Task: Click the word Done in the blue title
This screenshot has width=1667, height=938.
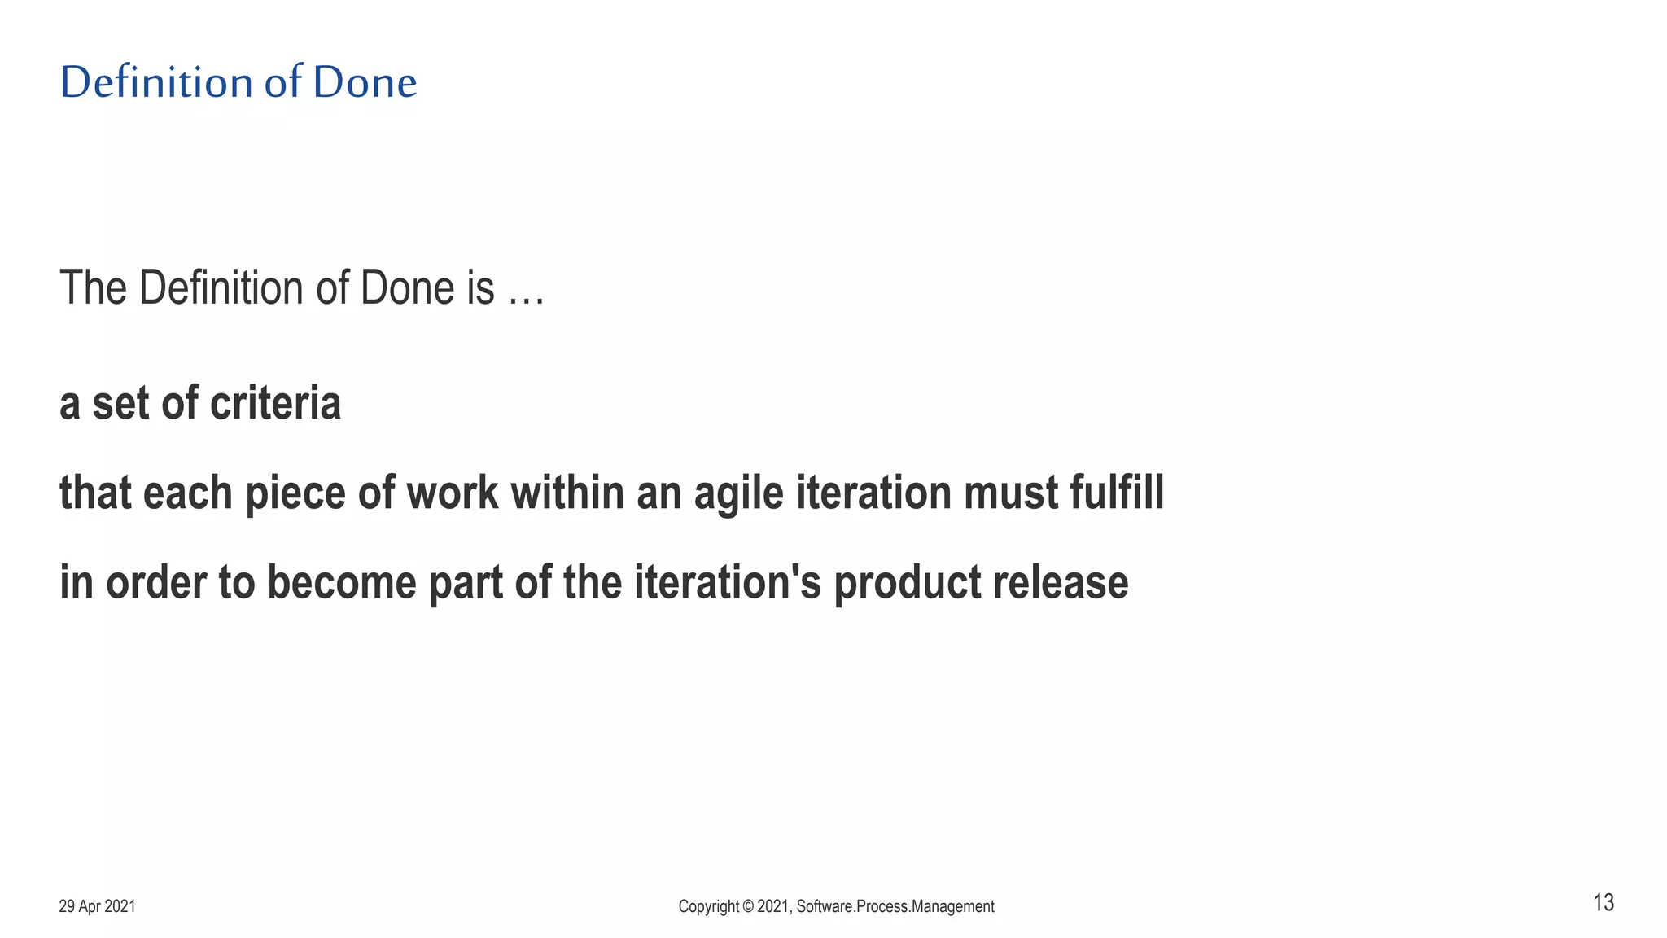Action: pos(365,83)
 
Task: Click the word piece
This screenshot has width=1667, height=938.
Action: pos(295,493)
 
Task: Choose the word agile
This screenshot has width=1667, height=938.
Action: pos(738,495)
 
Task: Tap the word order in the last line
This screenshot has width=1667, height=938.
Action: pos(155,583)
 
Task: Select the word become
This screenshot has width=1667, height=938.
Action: pos(342,583)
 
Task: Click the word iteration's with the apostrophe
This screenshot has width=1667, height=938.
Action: pos(728,583)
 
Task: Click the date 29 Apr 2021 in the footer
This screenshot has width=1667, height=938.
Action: pos(97,906)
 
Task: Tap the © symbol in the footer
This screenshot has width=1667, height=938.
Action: pos(747,906)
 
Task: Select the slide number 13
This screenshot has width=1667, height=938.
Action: pos(1603,903)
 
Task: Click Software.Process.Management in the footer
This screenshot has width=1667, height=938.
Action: pos(895,906)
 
